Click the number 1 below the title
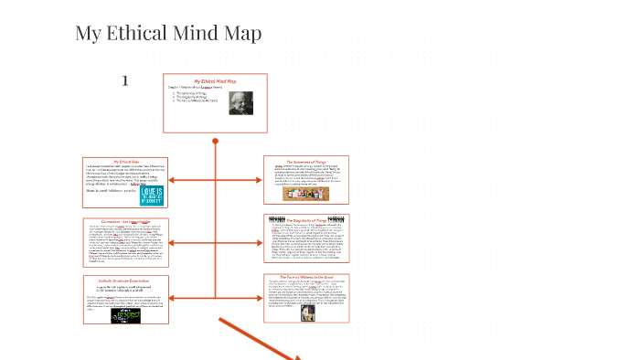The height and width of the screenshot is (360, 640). coord(125,81)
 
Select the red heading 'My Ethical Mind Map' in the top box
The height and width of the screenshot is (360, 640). coord(215,81)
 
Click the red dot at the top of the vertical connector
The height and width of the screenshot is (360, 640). coord(216,142)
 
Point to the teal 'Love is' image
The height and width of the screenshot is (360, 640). coord(151,193)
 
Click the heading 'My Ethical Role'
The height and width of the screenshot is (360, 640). coord(126,161)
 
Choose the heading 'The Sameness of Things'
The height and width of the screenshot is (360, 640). coord(305,161)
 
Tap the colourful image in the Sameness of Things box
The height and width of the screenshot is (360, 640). coord(305,194)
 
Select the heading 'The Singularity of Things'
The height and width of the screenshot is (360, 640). coord(305,220)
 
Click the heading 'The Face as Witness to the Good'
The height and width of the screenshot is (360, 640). coord(305,276)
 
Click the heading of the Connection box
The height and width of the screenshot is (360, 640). coord(126,221)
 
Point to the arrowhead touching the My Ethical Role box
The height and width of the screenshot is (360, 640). coord(172,181)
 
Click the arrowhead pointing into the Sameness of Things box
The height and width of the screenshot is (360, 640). coord(260,181)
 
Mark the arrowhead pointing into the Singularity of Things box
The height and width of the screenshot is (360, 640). coord(260,239)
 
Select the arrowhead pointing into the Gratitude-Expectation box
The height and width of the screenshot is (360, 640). coord(172,299)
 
